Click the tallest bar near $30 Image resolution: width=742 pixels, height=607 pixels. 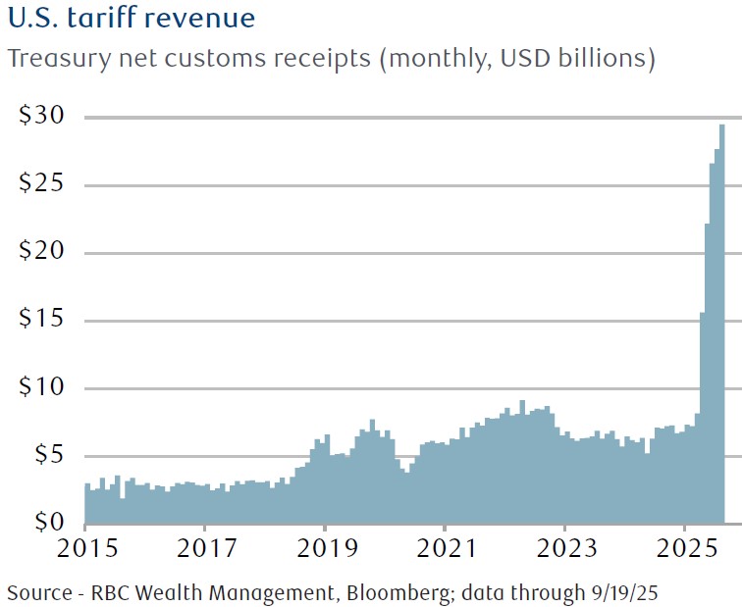coord(722,324)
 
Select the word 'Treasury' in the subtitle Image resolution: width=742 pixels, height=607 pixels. coord(54,59)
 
